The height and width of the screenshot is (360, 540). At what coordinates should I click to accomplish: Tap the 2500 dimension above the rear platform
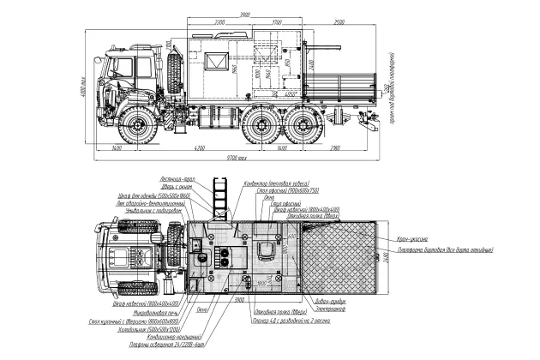click(339, 20)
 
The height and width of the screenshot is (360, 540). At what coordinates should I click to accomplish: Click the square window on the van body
click(211, 60)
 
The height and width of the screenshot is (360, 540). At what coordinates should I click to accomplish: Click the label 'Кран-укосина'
click(417, 240)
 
